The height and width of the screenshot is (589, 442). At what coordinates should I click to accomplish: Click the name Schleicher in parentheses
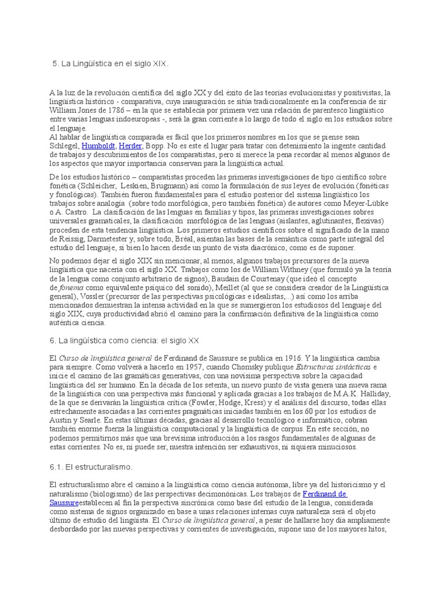point(96,186)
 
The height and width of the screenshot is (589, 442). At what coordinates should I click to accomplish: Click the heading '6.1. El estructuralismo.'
point(91,467)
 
